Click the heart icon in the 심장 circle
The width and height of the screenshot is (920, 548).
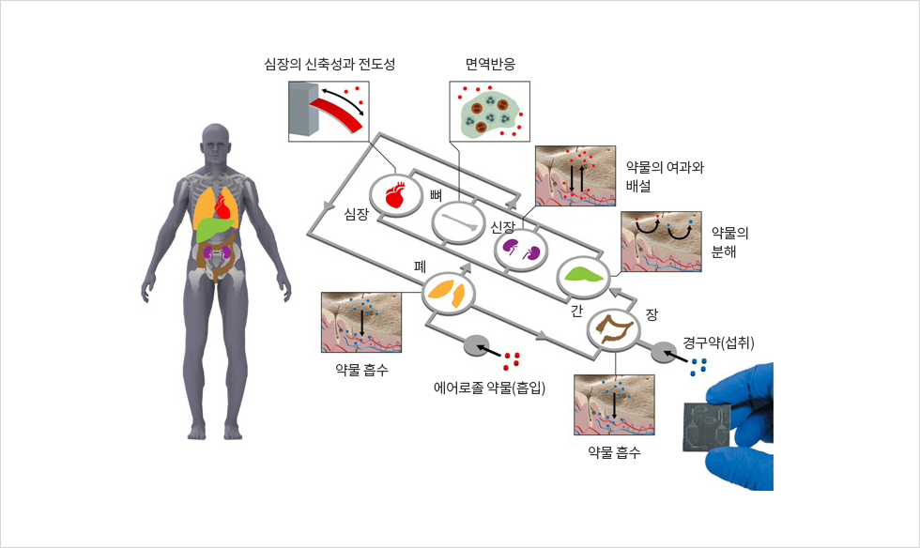click(x=395, y=195)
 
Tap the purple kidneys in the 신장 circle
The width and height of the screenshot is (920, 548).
click(x=520, y=250)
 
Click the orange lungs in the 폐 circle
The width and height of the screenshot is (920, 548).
click(x=449, y=293)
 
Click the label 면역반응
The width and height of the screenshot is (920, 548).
click(x=490, y=64)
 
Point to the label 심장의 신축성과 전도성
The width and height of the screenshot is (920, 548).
click(x=330, y=64)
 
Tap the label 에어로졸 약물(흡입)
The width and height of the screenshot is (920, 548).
click(x=489, y=388)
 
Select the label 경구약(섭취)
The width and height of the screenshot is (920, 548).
click(x=719, y=342)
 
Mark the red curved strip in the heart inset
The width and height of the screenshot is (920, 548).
click(x=339, y=115)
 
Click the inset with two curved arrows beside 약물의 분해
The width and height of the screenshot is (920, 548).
click(x=661, y=242)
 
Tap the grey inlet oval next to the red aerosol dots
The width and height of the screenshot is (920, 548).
click(x=477, y=345)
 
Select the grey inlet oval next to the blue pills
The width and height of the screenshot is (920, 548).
click(x=665, y=353)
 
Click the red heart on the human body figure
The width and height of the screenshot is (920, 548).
click(x=224, y=205)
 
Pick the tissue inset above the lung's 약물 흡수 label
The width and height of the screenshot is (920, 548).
click(x=361, y=322)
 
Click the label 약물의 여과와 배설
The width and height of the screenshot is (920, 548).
click(x=665, y=176)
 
